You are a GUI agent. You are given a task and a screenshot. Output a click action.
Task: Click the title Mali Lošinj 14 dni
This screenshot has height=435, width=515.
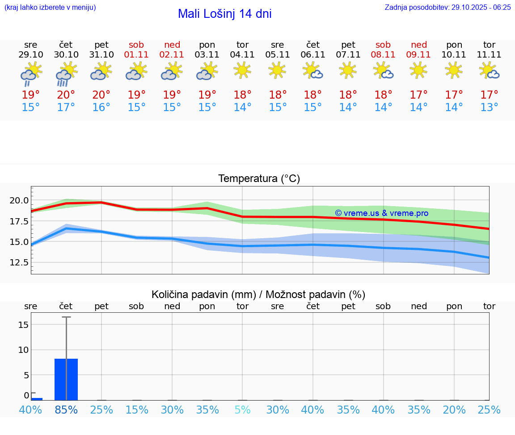click(224, 14)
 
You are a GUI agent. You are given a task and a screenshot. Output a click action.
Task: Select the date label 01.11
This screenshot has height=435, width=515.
click(136, 54)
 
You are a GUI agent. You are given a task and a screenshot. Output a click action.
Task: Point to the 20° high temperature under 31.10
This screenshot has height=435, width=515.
click(101, 95)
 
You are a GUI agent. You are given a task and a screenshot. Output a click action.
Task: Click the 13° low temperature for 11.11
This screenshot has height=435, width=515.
click(489, 108)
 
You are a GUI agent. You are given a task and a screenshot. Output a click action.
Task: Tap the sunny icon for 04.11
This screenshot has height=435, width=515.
click(242, 70)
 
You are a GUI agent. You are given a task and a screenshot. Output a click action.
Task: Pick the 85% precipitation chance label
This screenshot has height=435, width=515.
click(66, 410)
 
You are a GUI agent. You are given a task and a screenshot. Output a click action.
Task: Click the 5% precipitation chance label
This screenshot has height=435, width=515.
click(242, 410)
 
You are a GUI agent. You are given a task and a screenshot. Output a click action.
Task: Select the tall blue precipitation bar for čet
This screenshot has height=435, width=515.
click(66, 379)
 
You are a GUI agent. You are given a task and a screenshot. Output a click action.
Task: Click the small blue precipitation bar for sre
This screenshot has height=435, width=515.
click(37, 399)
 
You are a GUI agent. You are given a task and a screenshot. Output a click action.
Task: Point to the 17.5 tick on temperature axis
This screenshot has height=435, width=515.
click(19, 221)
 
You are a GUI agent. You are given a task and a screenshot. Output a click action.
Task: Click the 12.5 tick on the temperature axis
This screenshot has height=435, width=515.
click(19, 263)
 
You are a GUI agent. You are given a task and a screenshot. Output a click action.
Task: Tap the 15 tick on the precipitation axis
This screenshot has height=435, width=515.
click(23, 324)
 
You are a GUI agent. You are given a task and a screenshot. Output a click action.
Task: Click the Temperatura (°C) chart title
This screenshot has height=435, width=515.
click(259, 179)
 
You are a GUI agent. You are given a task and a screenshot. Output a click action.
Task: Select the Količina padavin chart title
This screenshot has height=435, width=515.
click(258, 294)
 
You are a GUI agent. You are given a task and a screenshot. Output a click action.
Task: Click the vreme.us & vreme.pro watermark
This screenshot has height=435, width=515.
click(381, 213)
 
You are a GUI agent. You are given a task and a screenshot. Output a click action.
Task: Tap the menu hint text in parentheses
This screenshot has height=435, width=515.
click(50, 7)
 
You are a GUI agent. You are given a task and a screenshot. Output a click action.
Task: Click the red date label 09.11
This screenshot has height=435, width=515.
click(418, 54)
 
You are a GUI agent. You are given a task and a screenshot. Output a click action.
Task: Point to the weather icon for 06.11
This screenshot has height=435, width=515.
click(313, 70)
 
